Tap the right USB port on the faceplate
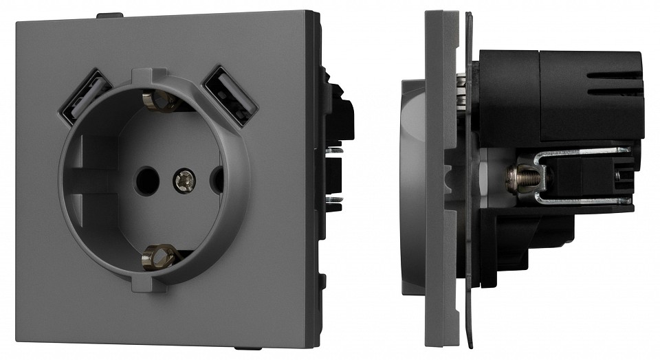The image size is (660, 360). (x=230, y=91)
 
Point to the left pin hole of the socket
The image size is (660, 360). (x=146, y=180)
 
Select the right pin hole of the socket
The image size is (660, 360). (x=216, y=180)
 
